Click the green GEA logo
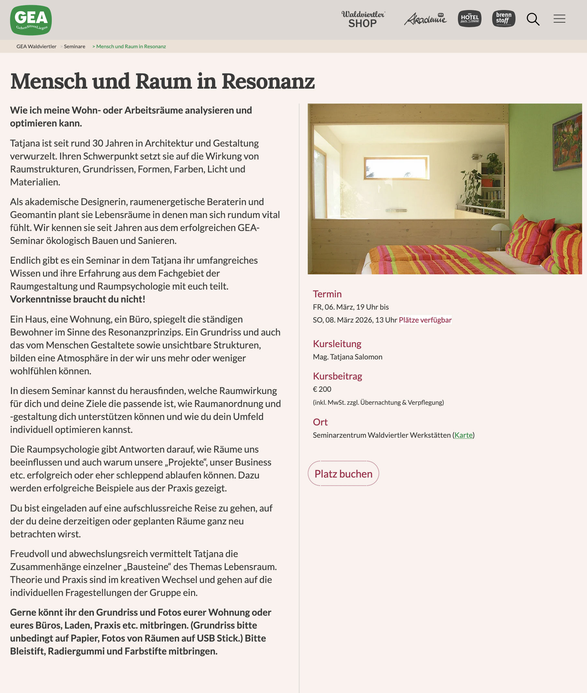pyautogui.click(x=31, y=20)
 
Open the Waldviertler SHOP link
pyautogui.click(x=363, y=19)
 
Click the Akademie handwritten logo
pyautogui.click(x=425, y=19)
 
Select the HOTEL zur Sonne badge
pyautogui.click(x=469, y=19)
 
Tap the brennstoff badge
pyautogui.click(x=504, y=19)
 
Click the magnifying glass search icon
pyautogui.click(x=533, y=19)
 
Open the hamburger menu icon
pyautogui.click(x=559, y=19)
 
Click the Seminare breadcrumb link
pyautogui.click(x=74, y=47)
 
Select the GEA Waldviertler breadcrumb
pyautogui.click(x=36, y=47)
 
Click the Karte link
pyautogui.click(x=463, y=435)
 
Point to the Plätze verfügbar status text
pyautogui.click(x=425, y=320)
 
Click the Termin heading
pyautogui.click(x=327, y=294)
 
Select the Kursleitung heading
pyautogui.click(x=337, y=344)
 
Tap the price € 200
pyautogui.click(x=322, y=389)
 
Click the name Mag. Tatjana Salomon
pyautogui.click(x=348, y=357)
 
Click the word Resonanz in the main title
pyautogui.click(x=268, y=81)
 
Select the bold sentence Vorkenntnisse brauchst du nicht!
pyautogui.click(x=78, y=299)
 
